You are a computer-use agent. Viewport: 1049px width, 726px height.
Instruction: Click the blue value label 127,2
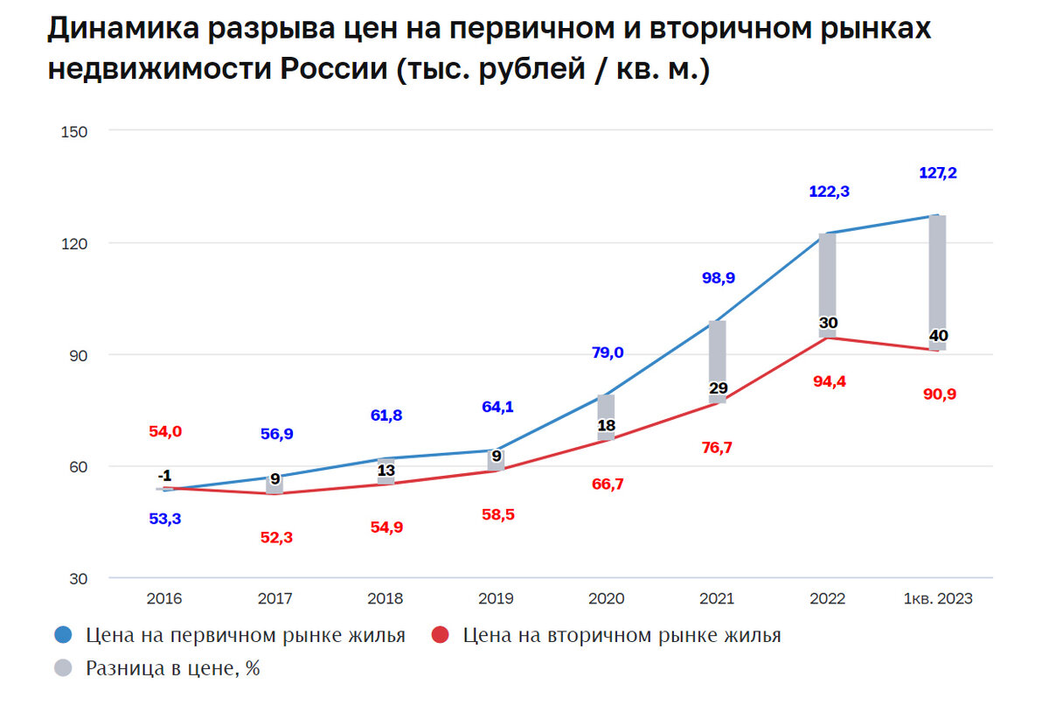(938, 173)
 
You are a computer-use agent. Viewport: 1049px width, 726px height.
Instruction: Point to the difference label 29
(718, 387)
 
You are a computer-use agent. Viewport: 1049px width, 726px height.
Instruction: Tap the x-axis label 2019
(496, 599)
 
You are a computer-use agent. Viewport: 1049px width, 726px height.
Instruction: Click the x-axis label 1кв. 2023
(938, 599)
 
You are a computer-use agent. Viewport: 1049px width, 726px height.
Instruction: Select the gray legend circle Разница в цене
(62, 669)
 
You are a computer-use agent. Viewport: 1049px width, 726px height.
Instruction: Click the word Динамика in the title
(122, 30)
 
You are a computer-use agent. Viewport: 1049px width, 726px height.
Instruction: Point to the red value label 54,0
(164, 431)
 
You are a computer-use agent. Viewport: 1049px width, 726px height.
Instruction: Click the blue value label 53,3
(164, 519)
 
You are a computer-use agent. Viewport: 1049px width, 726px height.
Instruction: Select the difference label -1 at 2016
(164, 476)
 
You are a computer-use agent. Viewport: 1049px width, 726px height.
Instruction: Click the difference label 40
(938, 336)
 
